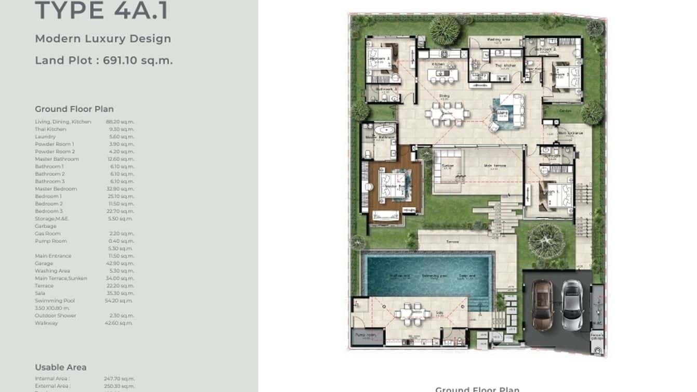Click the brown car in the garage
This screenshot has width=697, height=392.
[x=542, y=305]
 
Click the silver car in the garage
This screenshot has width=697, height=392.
[x=572, y=305]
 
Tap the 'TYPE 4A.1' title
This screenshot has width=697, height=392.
[x=102, y=11]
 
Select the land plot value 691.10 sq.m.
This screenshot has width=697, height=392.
[x=138, y=60]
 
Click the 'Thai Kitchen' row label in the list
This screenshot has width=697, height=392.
[x=50, y=129]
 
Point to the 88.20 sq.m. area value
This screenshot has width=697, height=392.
[x=120, y=122]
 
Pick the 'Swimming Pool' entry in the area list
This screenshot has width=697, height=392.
[x=55, y=300]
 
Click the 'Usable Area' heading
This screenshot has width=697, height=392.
[x=61, y=367]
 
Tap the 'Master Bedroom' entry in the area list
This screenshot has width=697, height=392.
[x=56, y=189]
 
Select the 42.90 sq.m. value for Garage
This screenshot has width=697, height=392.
[x=120, y=264]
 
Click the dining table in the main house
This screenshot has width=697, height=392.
[x=447, y=113]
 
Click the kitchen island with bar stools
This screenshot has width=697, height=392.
[x=443, y=75]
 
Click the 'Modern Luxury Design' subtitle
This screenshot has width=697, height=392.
[x=103, y=38]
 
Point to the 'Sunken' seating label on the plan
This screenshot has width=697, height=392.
[x=447, y=166]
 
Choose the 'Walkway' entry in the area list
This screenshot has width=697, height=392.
[x=46, y=323]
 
